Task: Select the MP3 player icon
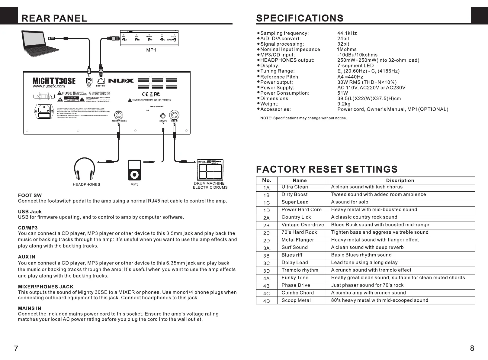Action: pyautogui.click(x=134, y=170)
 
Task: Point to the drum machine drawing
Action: pyautogui.click(x=210, y=170)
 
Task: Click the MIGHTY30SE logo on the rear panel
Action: pyautogui.click(x=54, y=81)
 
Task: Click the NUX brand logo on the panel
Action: pyautogui.click(x=121, y=81)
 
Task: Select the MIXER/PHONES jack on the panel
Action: pyautogui.click(x=119, y=115)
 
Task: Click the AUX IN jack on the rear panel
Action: pyautogui.click(x=174, y=115)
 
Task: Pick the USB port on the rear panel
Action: pyautogui.click(x=89, y=80)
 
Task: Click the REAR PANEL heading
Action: pyautogui.click(x=54, y=18)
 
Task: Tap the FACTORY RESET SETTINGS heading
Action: pyautogui.click(x=327, y=169)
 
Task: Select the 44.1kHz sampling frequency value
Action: pyautogui.click(x=347, y=33)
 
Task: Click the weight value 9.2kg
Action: pyautogui.click(x=344, y=104)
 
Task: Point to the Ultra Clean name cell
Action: pyautogui.click(x=295, y=187)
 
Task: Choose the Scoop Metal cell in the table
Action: pyautogui.click(x=296, y=300)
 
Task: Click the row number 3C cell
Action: pyautogui.click(x=266, y=263)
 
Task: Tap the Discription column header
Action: pyautogui.click(x=400, y=180)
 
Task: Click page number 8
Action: pyautogui.click(x=472, y=348)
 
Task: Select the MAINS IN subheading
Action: pyautogui.click(x=30, y=308)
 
